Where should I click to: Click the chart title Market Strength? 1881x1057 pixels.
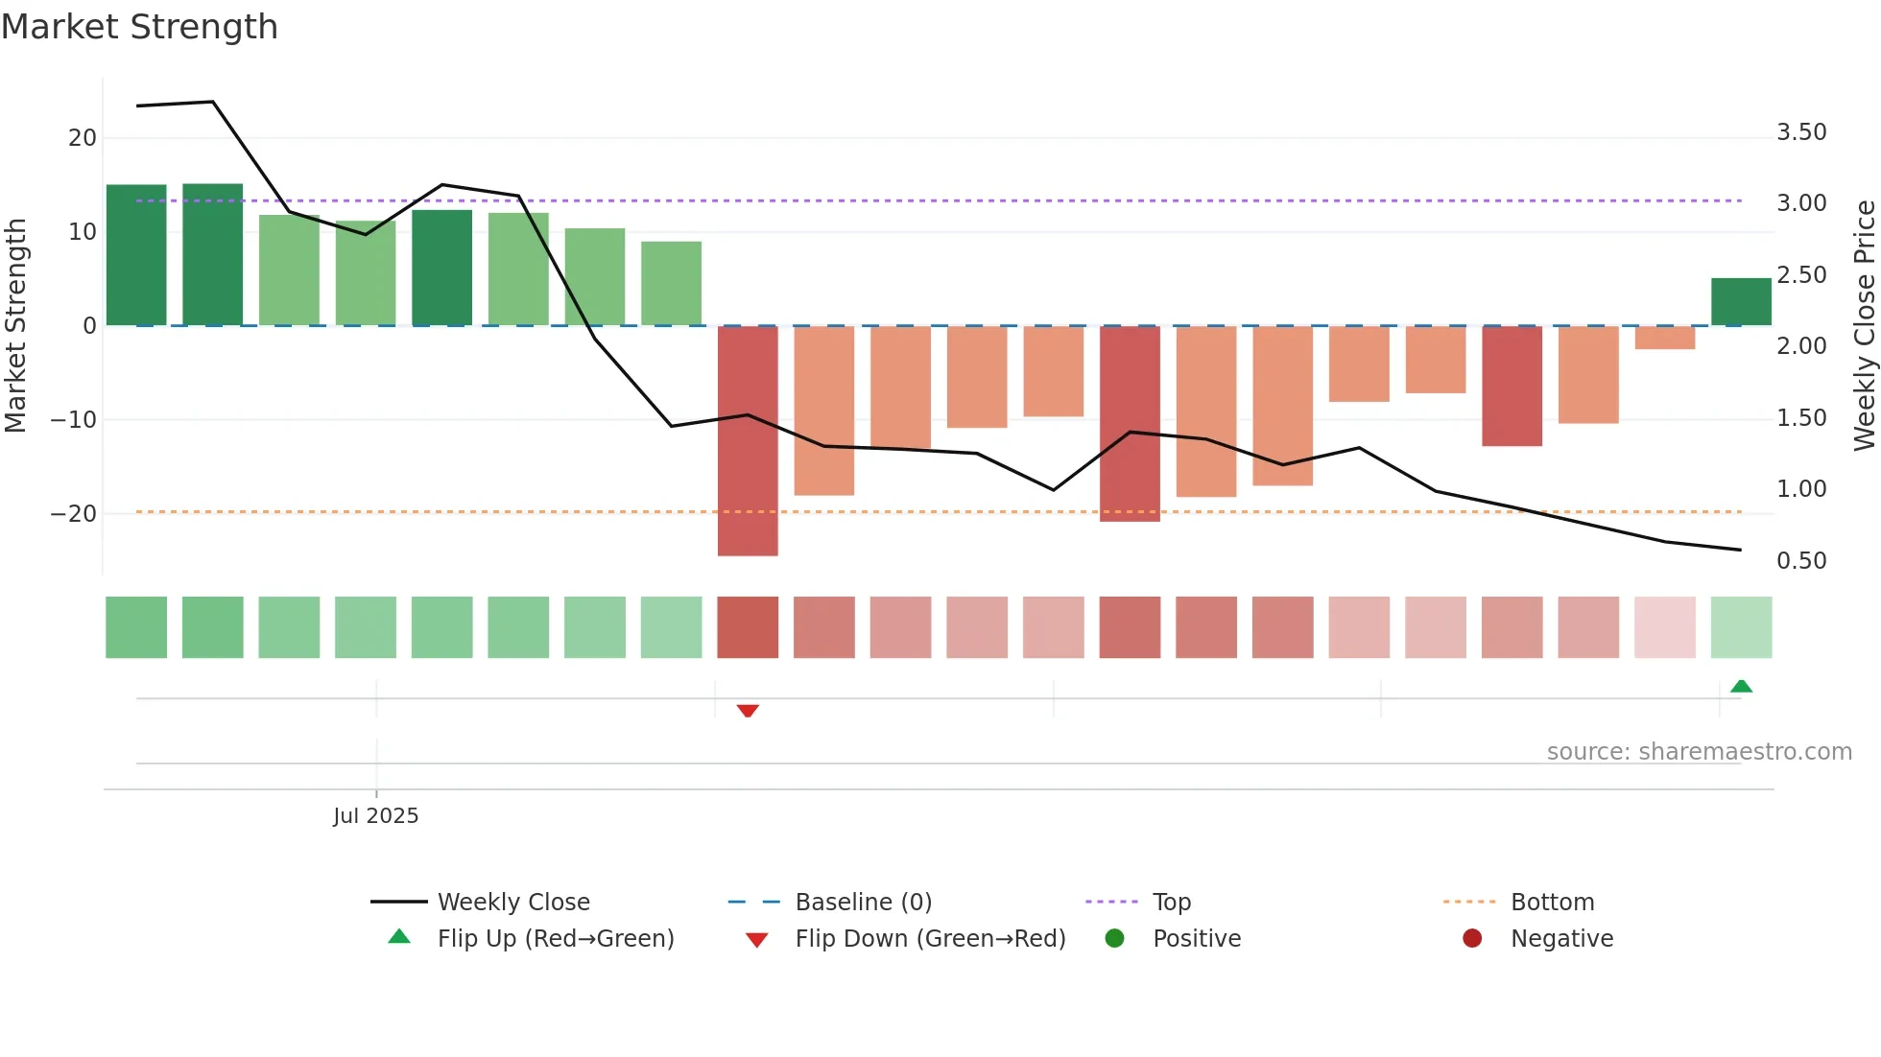click(x=140, y=27)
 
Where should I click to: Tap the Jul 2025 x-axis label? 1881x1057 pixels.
click(x=376, y=815)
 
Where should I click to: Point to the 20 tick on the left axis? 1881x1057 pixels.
click(x=83, y=138)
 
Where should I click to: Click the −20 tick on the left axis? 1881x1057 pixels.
click(x=74, y=514)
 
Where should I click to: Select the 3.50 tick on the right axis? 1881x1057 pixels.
click(x=1801, y=132)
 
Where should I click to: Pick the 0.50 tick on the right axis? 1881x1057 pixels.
click(x=1801, y=561)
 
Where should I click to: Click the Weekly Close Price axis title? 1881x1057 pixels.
click(x=1864, y=326)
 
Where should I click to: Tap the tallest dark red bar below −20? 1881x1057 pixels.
click(x=748, y=441)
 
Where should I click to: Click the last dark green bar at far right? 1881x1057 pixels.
click(x=1741, y=302)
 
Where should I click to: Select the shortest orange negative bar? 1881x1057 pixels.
click(x=1665, y=338)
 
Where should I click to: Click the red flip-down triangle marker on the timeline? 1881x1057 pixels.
click(x=748, y=711)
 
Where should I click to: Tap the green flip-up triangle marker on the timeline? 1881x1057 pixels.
click(x=1741, y=686)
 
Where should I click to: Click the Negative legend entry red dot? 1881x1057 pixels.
click(x=1472, y=938)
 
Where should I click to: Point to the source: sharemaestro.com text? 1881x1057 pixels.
click(x=1699, y=752)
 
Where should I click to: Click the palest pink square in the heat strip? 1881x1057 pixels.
click(x=1665, y=627)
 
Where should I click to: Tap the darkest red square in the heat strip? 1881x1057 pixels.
click(x=748, y=627)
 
